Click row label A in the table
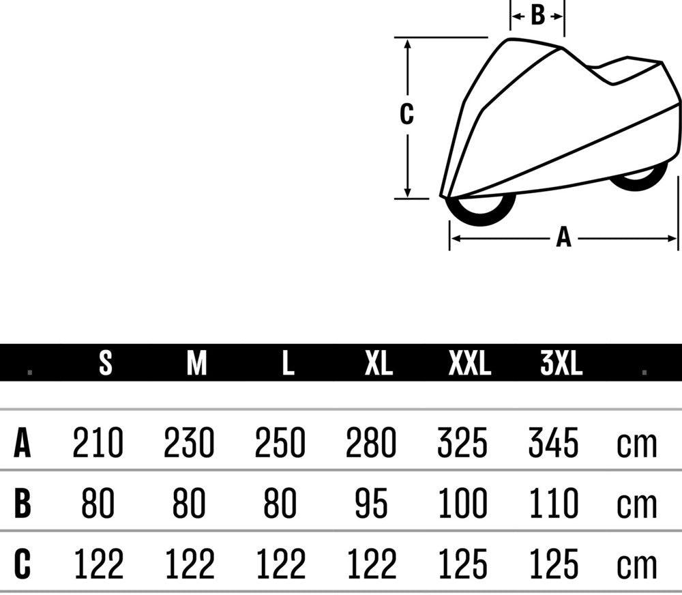click(23, 442)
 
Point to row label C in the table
click(23, 563)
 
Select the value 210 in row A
click(98, 442)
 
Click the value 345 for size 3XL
click(553, 442)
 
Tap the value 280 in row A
click(371, 442)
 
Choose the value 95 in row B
click(371, 503)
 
